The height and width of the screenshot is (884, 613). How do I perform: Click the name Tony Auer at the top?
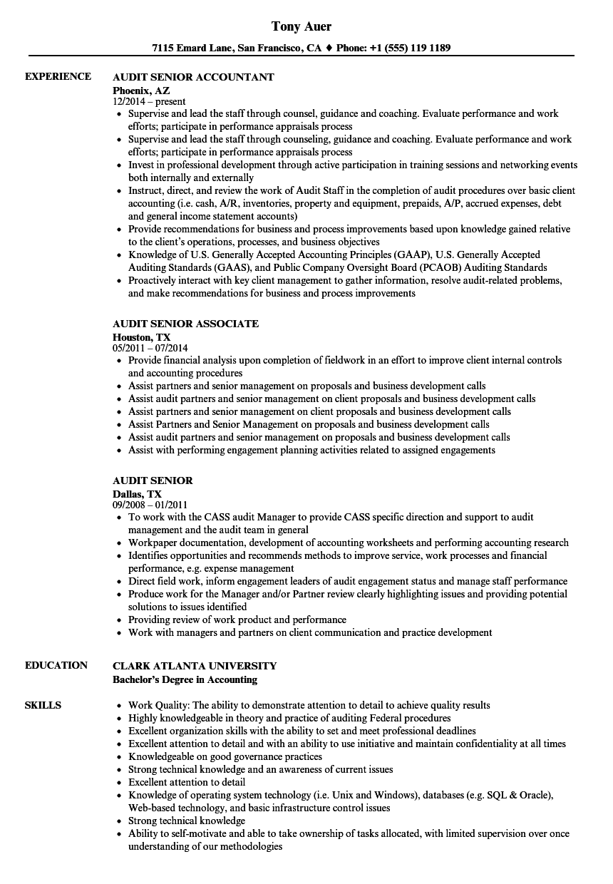point(302,26)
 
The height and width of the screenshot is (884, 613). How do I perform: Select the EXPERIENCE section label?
point(58,76)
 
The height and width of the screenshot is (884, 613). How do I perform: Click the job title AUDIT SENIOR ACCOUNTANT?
point(193,77)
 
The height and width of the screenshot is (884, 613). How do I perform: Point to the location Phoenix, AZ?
point(141,89)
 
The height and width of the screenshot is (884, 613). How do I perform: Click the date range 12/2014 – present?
point(149,101)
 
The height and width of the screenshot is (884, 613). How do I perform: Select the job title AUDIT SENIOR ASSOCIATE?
point(185,324)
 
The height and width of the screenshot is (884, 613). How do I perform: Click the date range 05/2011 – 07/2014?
point(150,348)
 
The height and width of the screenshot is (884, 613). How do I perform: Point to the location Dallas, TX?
point(137,493)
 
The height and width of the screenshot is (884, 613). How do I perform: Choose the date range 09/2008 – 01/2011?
point(150,505)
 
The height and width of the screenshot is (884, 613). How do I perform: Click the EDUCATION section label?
point(56,665)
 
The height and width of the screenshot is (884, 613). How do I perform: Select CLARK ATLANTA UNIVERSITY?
point(195,666)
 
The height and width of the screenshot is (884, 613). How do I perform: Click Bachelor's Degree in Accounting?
point(185,679)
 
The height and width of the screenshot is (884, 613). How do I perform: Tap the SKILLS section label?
point(43,705)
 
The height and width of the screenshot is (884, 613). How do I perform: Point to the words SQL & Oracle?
point(520,795)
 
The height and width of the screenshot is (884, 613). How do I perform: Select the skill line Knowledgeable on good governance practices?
point(225,756)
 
